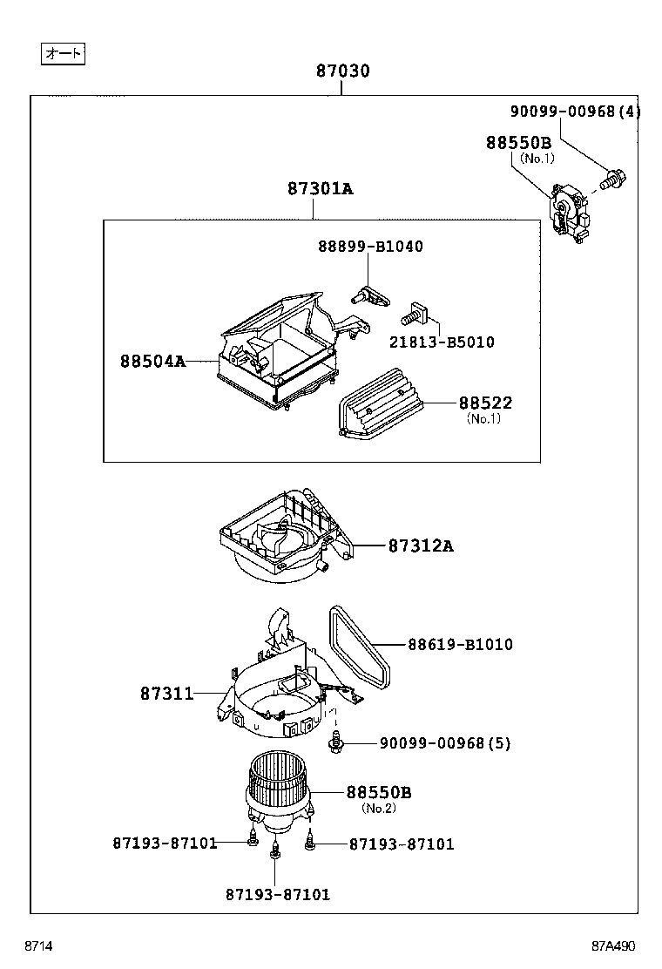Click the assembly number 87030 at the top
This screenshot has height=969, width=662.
click(x=342, y=71)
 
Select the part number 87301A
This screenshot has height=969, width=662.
click(x=321, y=188)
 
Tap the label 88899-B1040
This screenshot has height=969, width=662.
click(x=370, y=247)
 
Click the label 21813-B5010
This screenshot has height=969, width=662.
click(x=441, y=342)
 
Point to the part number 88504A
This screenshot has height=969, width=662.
click(x=152, y=360)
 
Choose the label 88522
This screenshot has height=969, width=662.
click(x=485, y=403)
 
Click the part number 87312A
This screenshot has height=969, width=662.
click(x=421, y=546)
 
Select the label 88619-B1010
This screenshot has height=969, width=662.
click(x=460, y=645)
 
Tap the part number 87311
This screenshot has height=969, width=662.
click(x=166, y=694)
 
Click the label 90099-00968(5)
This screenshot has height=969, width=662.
click(x=444, y=743)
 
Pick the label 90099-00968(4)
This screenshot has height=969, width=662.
click(x=575, y=111)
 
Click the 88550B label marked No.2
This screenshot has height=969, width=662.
click(x=379, y=793)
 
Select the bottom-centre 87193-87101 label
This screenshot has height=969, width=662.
click(x=277, y=894)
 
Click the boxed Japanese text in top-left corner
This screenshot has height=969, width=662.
click(x=63, y=54)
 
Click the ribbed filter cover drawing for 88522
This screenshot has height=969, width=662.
click(x=380, y=407)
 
